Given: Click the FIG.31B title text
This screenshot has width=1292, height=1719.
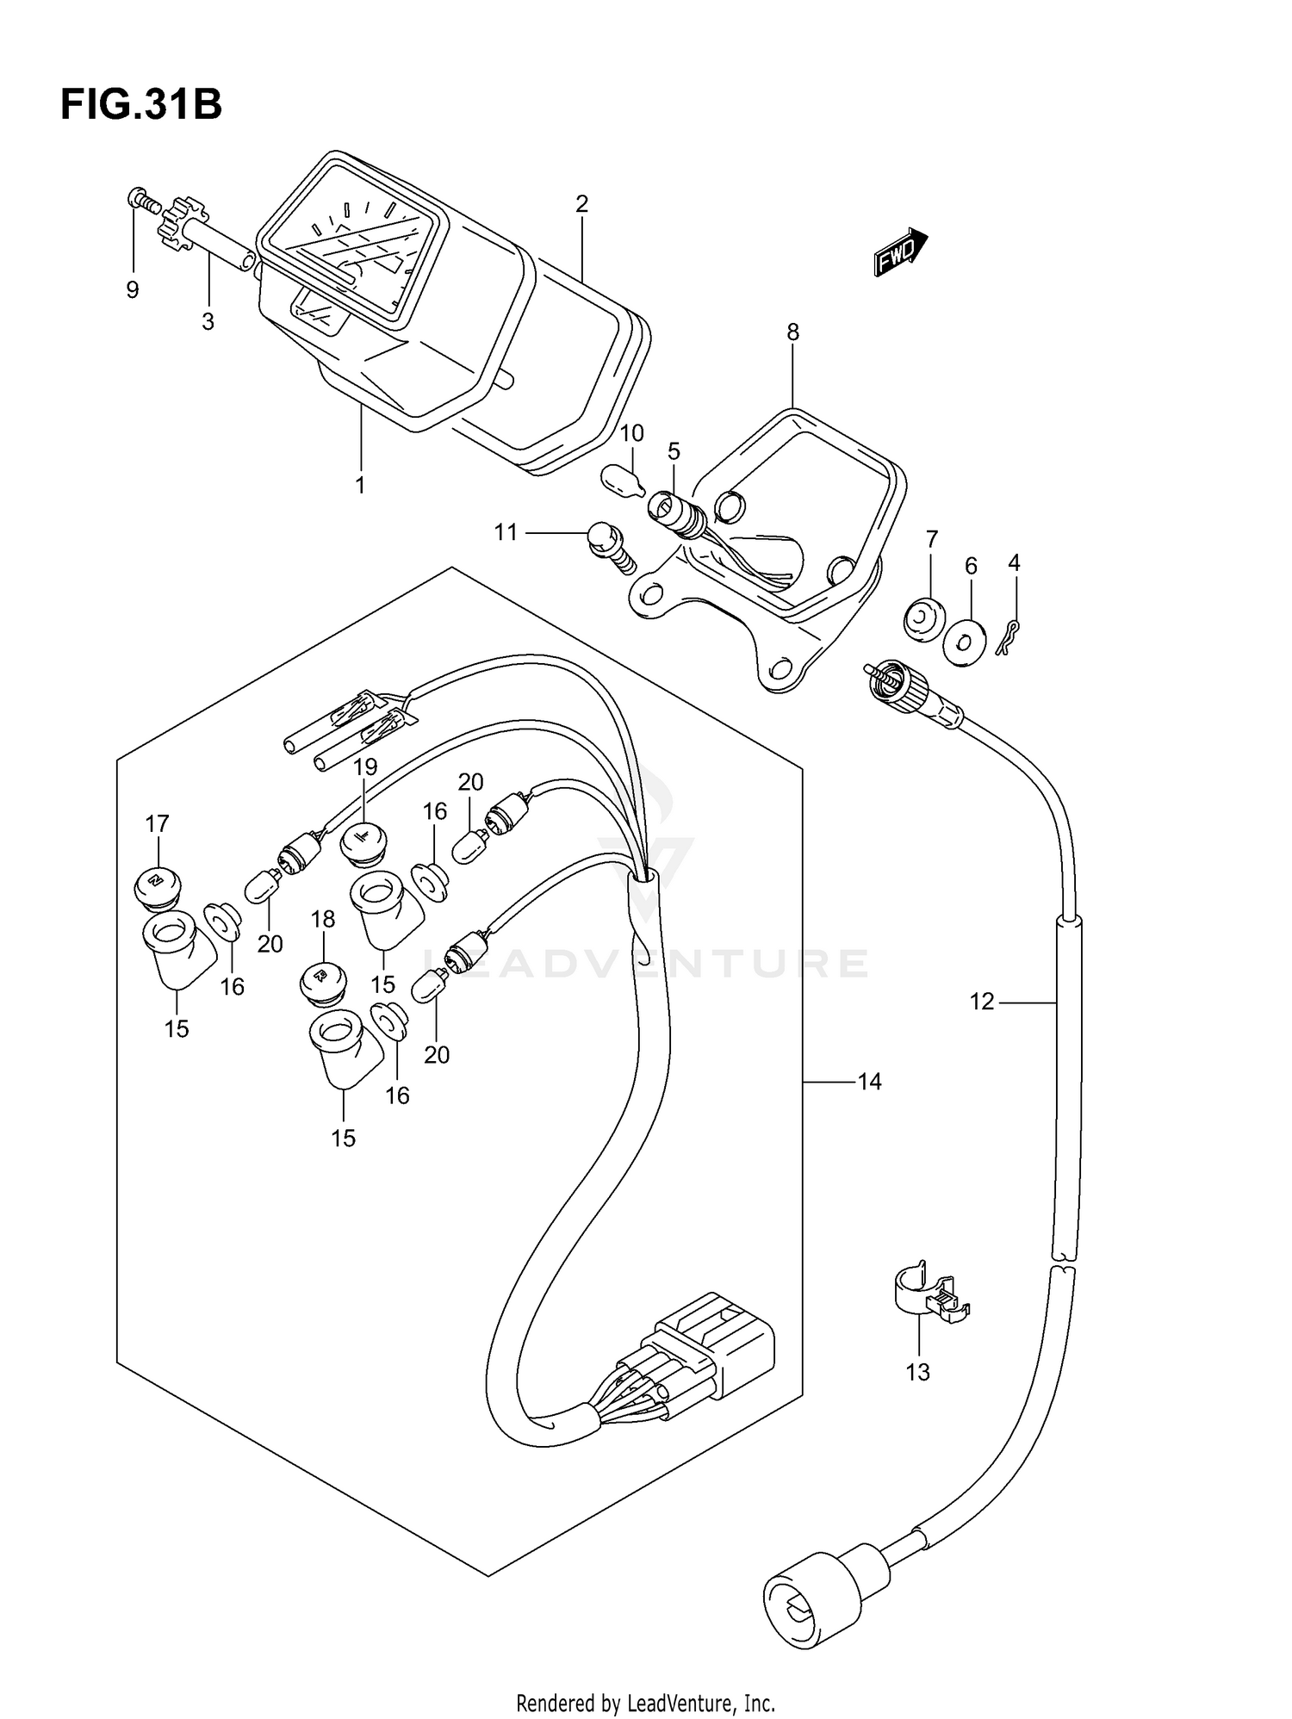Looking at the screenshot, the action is point(141,105).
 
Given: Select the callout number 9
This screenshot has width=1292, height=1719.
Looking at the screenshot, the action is point(133,290).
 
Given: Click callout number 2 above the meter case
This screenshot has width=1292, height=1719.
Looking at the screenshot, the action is point(581,204).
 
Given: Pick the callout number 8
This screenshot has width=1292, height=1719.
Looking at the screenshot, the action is point(792,332).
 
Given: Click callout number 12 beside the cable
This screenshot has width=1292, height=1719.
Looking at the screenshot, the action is point(982,1002).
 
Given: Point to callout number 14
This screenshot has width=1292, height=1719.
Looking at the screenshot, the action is point(870,1081).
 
